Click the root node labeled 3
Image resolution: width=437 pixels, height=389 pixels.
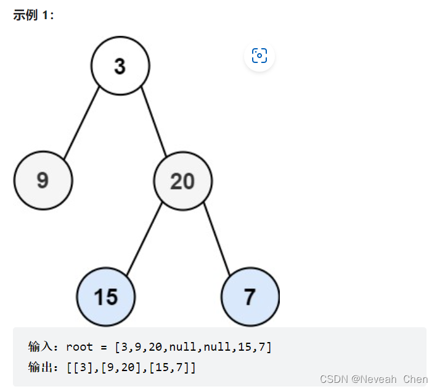click(x=120, y=65)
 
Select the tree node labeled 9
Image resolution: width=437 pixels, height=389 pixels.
click(x=43, y=180)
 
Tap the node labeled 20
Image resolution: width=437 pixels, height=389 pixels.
click(x=183, y=181)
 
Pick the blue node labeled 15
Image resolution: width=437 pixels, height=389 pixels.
click(x=106, y=296)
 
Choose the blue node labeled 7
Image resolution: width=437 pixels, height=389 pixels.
click(x=250, y=296)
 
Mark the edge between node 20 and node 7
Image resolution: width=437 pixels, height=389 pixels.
click(x=216, y=238)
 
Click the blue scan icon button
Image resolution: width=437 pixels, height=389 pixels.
click(x=259, y=56)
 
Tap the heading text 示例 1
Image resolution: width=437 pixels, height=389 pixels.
click(x=34, y=15)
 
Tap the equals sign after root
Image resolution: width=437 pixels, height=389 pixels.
click(x=103, y=346)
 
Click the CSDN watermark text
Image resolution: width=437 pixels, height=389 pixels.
click(x=333, y=379)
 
